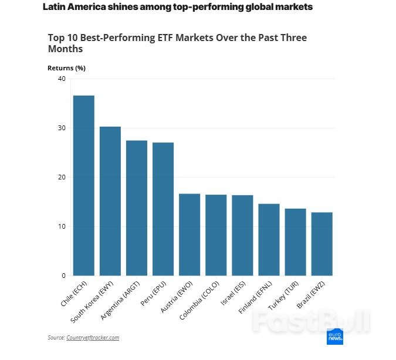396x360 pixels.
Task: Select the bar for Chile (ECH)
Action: (83, 185)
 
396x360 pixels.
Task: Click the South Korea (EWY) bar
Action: (110, 201)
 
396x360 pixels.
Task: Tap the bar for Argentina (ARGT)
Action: (137, 208)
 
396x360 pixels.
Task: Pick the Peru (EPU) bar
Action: (163, 209)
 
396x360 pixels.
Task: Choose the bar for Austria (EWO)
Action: (189, 235)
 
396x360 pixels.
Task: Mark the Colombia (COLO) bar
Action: (216, 235)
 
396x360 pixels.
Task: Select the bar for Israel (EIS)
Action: (242, 235)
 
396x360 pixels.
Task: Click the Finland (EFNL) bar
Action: (269, 240)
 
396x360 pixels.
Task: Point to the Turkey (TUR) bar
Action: (295, 242)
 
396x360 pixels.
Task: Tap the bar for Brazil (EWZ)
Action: (321, 244)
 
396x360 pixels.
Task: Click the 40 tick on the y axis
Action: (62, 79)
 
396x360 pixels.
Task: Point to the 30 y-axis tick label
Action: (62, 128)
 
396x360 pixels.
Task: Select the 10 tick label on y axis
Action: (62, 226)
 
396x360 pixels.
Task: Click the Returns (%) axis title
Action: (66, 68)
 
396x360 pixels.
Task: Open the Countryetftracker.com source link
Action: (93, 338)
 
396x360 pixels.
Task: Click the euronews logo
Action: (335, 337)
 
